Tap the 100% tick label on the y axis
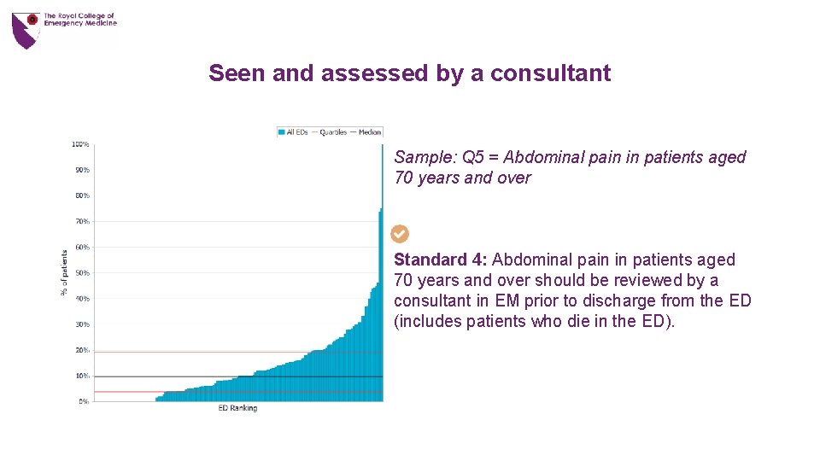coord(80,144)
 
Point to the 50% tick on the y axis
coord(82,273)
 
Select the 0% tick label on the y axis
coord(84,401)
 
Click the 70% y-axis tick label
coord(82,222)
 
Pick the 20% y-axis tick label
coord(82,350)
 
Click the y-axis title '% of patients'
coord(64,273)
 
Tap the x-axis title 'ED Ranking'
coord(237,409)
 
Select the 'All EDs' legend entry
coord(293,132)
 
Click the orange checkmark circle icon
coord(400,234)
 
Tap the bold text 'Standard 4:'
coord(440,260)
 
